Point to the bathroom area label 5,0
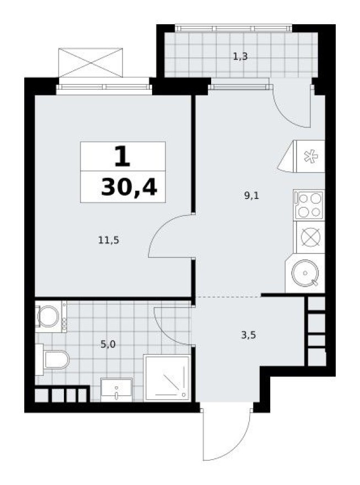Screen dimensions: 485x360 point(109,344)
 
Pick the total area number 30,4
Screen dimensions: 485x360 point(129,187)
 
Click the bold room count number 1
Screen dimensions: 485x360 point(122,157)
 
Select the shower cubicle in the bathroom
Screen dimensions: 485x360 point(166,378)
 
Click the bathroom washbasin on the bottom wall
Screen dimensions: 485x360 point(116,390)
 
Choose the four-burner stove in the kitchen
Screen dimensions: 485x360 point(309,205)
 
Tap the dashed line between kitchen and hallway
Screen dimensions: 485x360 point(227,297)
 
